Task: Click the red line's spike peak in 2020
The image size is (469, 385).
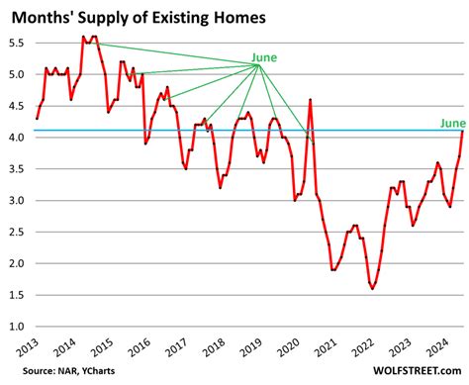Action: click(x=311, y=99)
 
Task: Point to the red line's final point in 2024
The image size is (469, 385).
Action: click(x=462, y=131)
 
